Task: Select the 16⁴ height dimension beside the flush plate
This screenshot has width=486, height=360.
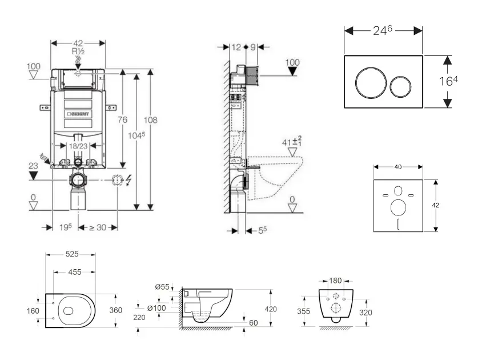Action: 448,81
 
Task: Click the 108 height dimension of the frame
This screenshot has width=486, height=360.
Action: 151,120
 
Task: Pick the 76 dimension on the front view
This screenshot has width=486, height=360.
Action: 122,119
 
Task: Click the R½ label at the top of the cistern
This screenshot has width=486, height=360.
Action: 78,51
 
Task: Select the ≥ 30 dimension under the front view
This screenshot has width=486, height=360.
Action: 98,227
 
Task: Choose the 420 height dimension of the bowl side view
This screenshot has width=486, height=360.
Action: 270,309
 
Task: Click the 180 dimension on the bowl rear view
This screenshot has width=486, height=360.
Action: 336,281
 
